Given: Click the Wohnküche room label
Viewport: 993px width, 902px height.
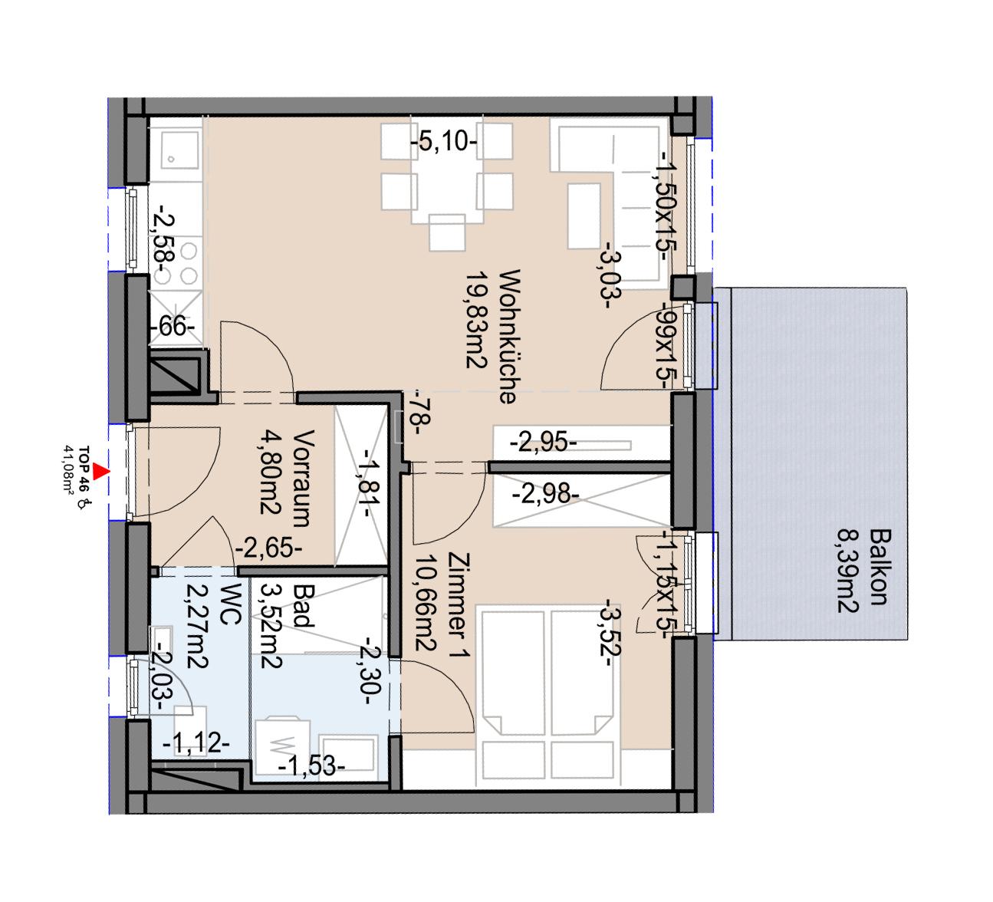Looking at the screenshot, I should (x=508, y=336).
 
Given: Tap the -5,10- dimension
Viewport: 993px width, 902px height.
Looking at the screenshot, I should (x=444, y=142).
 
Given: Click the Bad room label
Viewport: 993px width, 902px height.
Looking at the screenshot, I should (x=304, y=606).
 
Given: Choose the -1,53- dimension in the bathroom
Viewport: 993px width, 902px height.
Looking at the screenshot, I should (x=311, y=765).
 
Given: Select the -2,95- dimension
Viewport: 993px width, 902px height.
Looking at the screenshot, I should (x=545, y=443).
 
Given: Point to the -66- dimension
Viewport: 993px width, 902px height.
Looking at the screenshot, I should (x=173, y=327).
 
